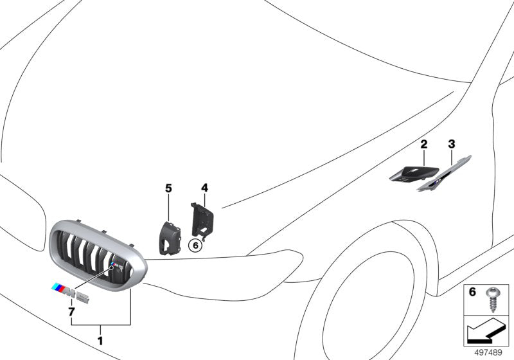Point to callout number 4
tap(204, 188)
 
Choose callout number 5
tap(168, 188)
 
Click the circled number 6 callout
tap(195, 245)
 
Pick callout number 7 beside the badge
tap(71, 312)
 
